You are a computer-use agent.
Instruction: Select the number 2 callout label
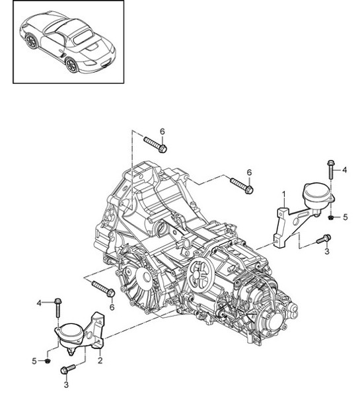(99, 360)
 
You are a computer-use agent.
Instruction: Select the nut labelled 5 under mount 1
(330, 216)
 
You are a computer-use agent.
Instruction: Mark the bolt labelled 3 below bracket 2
(66, 371)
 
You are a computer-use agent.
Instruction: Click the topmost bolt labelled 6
(157, 145)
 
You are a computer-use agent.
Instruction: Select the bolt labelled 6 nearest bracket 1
(241, 186)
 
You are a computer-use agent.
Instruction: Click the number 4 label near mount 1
(344, 170)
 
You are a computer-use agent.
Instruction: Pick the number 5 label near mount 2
(35, 361)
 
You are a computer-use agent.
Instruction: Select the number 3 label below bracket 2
(66, 383)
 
